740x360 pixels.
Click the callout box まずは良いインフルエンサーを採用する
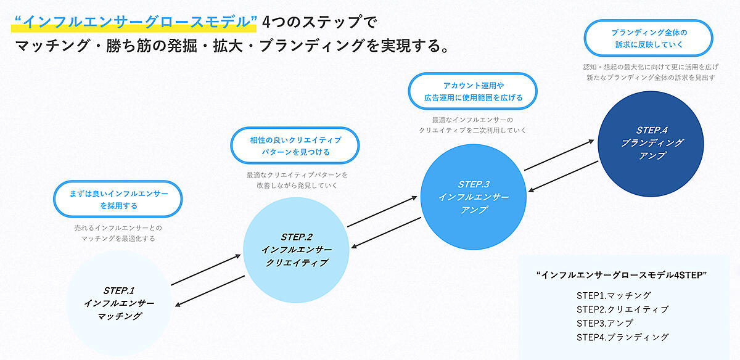[118, 199]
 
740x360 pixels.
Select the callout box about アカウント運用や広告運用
[473, 91]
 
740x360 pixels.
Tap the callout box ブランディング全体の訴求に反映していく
[648, 38]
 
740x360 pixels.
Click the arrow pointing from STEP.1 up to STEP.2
[205, 269]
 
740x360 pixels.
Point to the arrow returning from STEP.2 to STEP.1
[210, 290]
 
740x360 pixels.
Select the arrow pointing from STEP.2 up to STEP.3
[382, 212]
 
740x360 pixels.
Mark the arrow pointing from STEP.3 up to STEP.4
[559, 156]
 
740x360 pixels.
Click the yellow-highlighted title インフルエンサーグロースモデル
[134, 22]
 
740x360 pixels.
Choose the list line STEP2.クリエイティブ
[622, 309]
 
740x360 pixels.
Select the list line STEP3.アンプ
[605, 323]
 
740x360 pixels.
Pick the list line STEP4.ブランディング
[622, 337]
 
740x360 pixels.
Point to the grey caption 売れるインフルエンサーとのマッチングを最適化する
[117, 232]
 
